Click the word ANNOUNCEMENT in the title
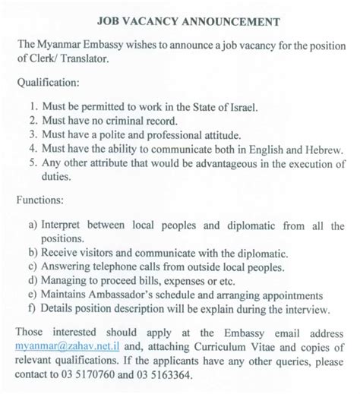click(225, 20)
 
